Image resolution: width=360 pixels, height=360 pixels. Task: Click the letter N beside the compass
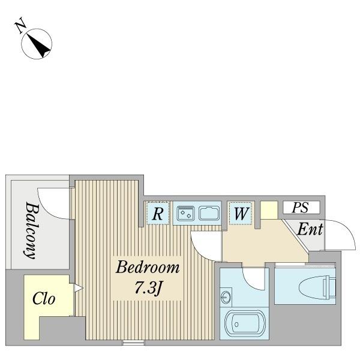(x=20, y=25)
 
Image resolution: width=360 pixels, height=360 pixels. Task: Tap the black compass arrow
(x=38, y=45)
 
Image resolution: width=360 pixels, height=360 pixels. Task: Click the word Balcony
(x=31, y=230)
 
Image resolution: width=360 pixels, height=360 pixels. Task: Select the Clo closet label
(x=44, y=299)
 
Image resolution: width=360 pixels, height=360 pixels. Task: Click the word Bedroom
(x=148, y=267)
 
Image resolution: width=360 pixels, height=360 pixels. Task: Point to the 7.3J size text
(x=148, y=288)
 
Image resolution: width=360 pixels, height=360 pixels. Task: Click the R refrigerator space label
(x=158, y=214)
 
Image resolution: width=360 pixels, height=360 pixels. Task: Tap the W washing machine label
(x=241, y=214)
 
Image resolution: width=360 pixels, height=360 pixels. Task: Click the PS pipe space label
(x=300, y=208)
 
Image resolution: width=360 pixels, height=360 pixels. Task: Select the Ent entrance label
(x=310, y=229)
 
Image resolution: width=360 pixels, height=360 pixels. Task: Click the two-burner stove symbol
(x=185, y=213)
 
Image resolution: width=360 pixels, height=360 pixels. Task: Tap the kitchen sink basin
(x=209, y=213)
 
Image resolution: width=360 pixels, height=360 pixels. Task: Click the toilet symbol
(x=317, y=287)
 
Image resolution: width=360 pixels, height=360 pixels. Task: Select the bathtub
(x=245, y=324)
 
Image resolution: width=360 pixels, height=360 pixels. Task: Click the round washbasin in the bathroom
(x=226, y=298)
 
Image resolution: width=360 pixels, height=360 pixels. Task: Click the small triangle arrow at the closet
(x=78, y=288)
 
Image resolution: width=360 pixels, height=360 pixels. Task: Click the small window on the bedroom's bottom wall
(x=133, y=343)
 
